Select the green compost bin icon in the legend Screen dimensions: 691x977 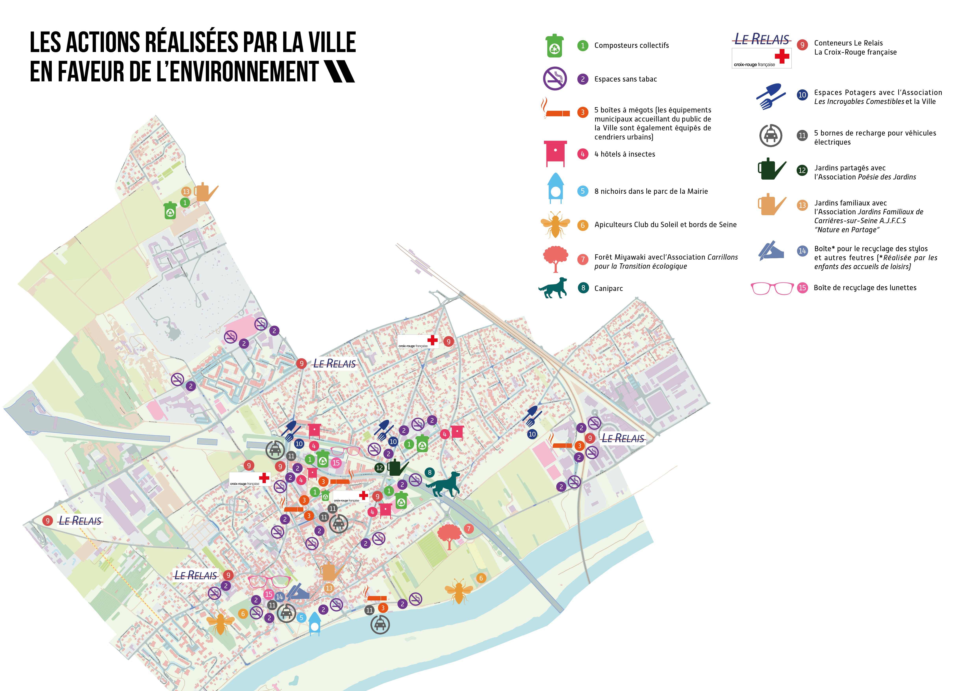[554, 46]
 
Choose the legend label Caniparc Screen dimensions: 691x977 [609, 289]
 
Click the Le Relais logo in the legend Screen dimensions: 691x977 [762, 40]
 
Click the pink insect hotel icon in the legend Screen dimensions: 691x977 [555, 153]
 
